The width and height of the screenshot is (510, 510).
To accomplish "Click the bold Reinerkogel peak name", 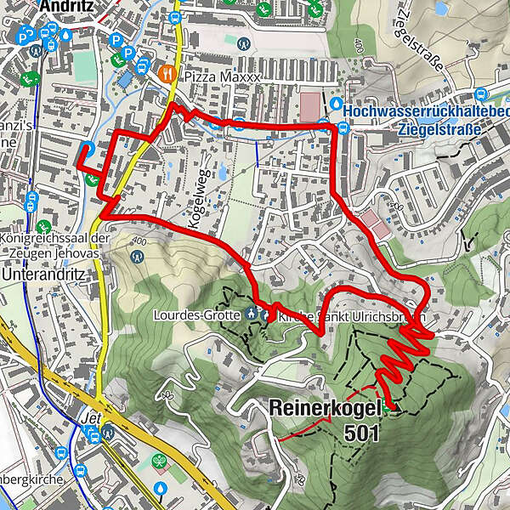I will (327, 409).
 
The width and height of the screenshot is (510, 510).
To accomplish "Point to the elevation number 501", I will (363, 431).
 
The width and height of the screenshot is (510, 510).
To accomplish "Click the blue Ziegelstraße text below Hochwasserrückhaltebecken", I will (439, 130).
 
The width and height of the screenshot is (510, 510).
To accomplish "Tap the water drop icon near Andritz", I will (67, 36).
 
